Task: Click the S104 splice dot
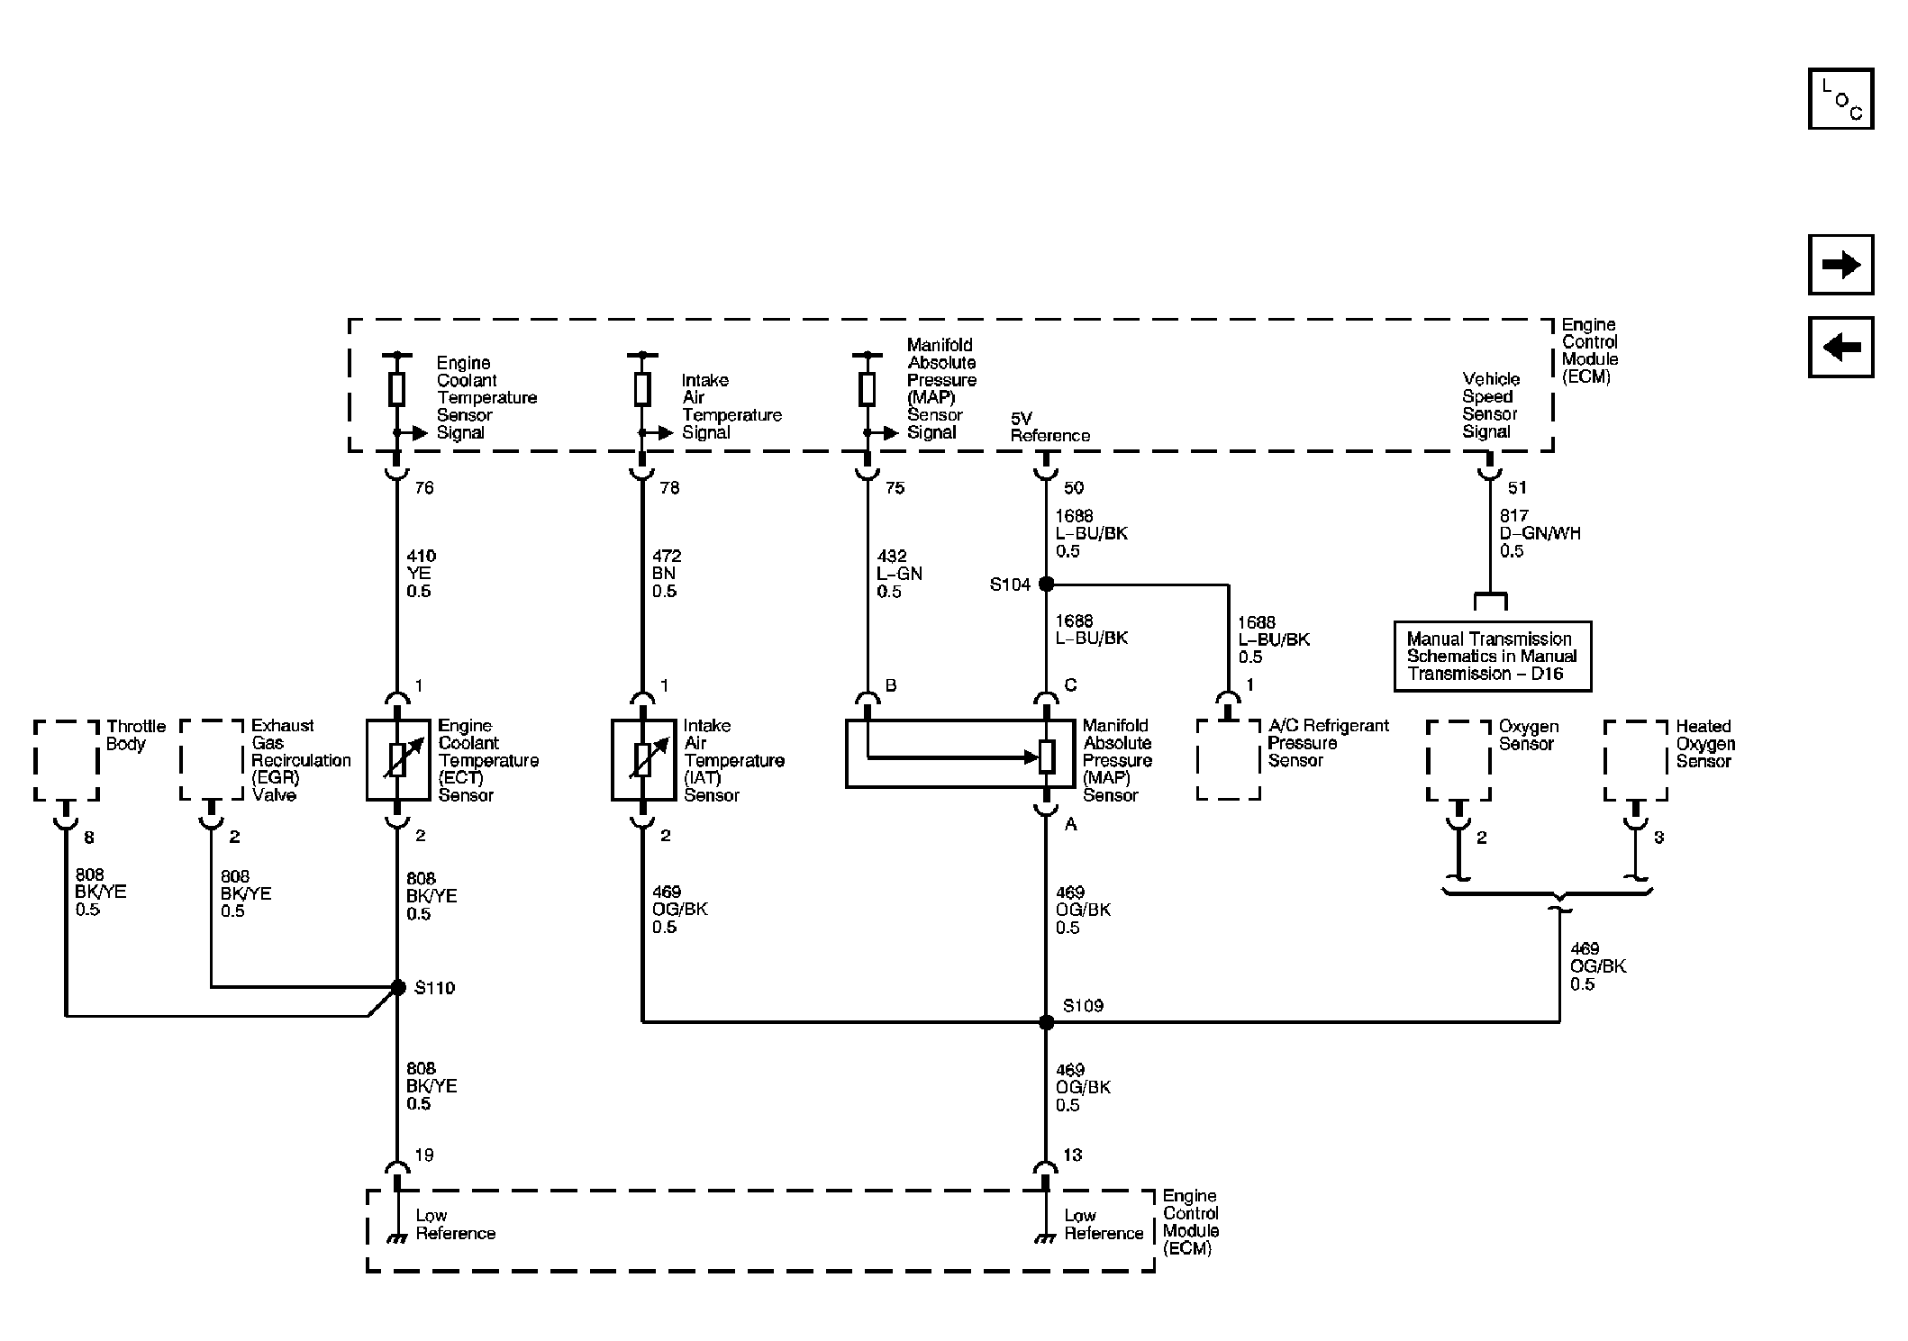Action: tap(1046, 584)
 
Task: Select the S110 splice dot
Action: tap(397, 988)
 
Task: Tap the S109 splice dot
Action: tap(1046, 1022)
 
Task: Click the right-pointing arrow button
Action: tap(1840, 265)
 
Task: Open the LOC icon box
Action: tap(1840, 99)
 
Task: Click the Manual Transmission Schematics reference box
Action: tap(1492, 657)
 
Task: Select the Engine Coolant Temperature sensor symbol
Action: tap(397, 760)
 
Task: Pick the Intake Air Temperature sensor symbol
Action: tap(642, 760)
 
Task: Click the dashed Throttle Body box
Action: tap(66, 760)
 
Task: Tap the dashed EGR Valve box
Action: tap(212, 760)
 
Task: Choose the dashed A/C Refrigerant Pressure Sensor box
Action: tap(1228, 760)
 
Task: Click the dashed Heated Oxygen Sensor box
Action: tap(1635, 760)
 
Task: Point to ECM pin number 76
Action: tap(423, 488)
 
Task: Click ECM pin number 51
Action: tap(1517, 488)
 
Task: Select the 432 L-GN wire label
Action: tap(898, 574)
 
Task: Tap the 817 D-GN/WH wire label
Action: tap(1539, 533)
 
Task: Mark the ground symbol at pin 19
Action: tap(397, 1238)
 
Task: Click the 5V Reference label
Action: tap(1049, 428)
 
